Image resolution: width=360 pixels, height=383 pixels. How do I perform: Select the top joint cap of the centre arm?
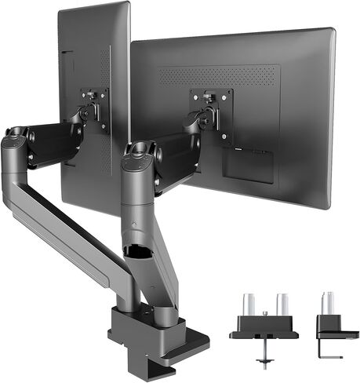pos(139,151)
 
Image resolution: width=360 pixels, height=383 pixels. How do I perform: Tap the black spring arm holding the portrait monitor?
pos(55,141)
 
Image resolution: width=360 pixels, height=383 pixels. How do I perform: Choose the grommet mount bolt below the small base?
pos(264,357)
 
